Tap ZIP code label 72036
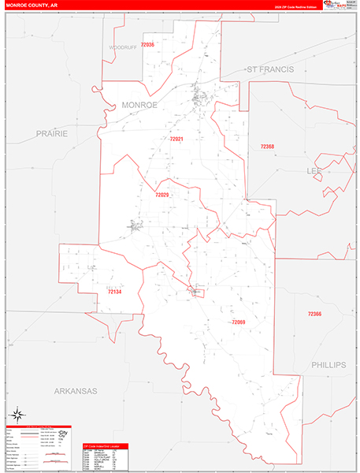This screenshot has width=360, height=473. [147, 45]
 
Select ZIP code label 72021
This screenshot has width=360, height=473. [176, 140]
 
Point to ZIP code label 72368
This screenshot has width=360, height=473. [267, 147]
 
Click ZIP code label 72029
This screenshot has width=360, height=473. [162, 195]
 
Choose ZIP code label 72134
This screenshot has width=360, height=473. [115, 292]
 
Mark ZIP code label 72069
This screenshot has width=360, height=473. [239, 322]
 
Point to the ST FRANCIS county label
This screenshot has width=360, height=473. [270, 70]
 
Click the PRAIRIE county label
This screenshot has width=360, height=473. [50, 134]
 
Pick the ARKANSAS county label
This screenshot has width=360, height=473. [75, 391]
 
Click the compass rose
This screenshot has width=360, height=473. [17, 414]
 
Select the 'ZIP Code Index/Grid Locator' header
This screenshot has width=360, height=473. [105, 445]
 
